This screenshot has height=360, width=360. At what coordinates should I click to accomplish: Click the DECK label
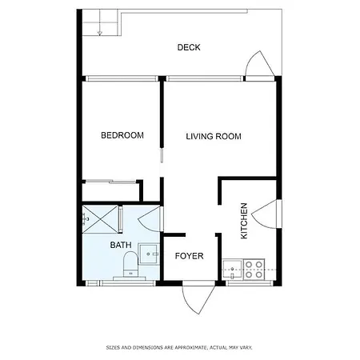tap(189, 47)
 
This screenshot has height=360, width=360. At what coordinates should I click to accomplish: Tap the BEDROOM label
tap(122, 135)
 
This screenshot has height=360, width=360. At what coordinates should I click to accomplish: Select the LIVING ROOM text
tap(214, 136)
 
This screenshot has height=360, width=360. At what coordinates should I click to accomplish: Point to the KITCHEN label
tap(244, 221)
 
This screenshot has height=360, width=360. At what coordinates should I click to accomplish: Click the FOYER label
tap(189, 256)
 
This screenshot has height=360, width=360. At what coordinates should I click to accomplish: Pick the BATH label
tap(121, 245)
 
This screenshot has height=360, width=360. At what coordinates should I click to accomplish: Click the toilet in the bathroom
tap(130, 265)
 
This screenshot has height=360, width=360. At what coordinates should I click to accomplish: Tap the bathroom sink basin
tap(149, 254)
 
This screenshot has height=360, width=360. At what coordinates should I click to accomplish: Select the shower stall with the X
tap(100, 219)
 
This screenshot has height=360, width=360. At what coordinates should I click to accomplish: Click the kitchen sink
tap(232, 270)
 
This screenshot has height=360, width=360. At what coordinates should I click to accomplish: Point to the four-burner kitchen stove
tap(254, 270)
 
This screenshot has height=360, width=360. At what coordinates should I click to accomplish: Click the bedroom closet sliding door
tap(110, 182)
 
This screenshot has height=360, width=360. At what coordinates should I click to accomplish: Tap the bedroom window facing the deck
tap(122, 78)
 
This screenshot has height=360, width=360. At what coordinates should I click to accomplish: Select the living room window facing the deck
tap(204, 78)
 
